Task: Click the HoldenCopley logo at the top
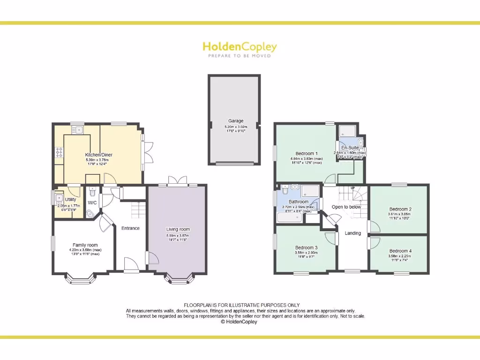[240, 47]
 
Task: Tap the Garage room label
[236, 121]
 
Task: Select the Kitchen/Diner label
[98, 155]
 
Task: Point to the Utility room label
[70, 200]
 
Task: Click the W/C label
[92, 203]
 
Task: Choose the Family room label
[85, 245]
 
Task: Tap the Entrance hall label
[130, 228]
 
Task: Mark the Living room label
[178, 229]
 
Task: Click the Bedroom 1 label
[307, 154]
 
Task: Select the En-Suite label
[350, 148]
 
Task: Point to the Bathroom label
[299, 202]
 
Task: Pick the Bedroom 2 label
[400, 209]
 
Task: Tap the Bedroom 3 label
[306, 247]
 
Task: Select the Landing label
[353, 233]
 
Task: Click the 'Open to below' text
[346, 207]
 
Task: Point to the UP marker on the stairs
[353, 188]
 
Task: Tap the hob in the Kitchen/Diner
[60, 152]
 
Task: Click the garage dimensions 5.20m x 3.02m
[235, 127]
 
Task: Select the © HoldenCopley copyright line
[239, 322]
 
